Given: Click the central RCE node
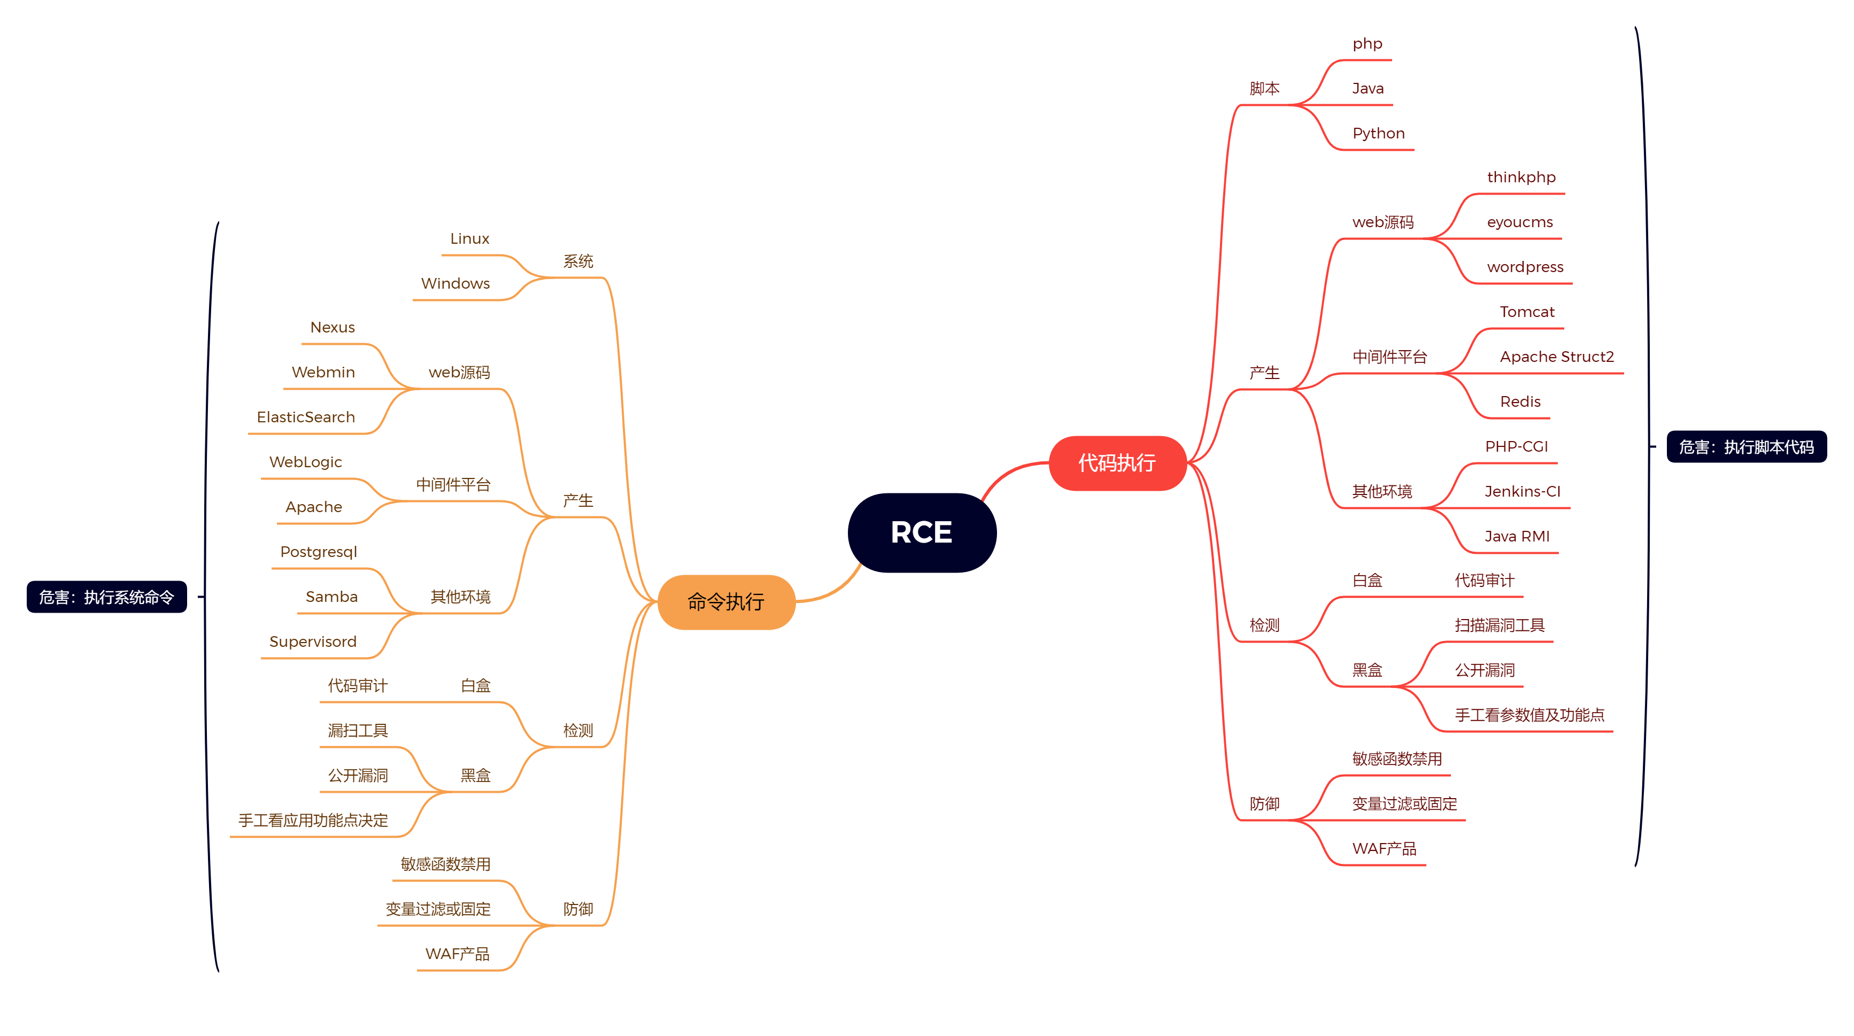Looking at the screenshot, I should (x=921, y=532).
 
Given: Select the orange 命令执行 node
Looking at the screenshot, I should (x=725, y=601).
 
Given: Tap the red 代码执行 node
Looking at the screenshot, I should (x=1117, y=462).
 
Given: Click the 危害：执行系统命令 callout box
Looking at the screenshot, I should (x=106, y=597).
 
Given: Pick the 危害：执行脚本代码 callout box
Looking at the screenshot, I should (x=1746, y=447).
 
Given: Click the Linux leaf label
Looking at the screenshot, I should (x=469, y=239).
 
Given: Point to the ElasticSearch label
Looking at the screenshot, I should (x=306, y=418).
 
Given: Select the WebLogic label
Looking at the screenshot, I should (x=305, y=462).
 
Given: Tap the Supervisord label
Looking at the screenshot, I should (x=312, y=641).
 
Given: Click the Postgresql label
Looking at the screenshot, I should (x=318, y=552).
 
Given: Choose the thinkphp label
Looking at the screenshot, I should (x=1521, y=177).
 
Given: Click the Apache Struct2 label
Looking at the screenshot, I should (x=1556, y=357).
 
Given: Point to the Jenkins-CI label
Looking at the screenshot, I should (x=1522, y=491).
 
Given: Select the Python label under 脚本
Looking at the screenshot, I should (x=1378, y=133).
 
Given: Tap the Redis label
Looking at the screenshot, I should (x=1520, y=401).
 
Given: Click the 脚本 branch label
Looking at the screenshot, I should (x=1264, y=89).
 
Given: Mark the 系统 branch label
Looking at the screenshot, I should (x=578, y=261).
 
